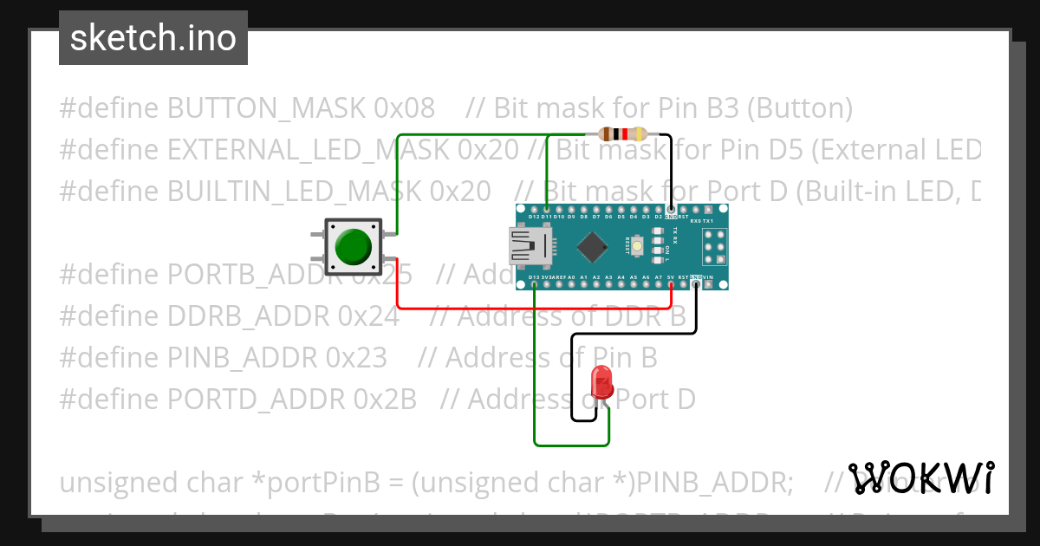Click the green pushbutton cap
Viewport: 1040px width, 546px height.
pos(353,246)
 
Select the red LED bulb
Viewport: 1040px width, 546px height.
pos(600,381)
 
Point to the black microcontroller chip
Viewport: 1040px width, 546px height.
pos(592,247)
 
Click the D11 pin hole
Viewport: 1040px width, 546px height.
pos(546,210)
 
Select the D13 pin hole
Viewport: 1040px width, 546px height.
pos(534,283)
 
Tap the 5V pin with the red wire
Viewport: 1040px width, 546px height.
pos(671,283)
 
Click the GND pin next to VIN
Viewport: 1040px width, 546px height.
pos(696,283)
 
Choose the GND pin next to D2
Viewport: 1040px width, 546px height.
pos(671,210)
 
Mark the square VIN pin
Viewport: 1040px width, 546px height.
pos(708,283)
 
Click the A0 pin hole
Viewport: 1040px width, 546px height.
pos(571,283)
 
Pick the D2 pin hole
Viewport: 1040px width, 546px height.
pos(659,210)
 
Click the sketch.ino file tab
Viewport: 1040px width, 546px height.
pos(153,38)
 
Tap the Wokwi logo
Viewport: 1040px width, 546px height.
pos(920,478)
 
